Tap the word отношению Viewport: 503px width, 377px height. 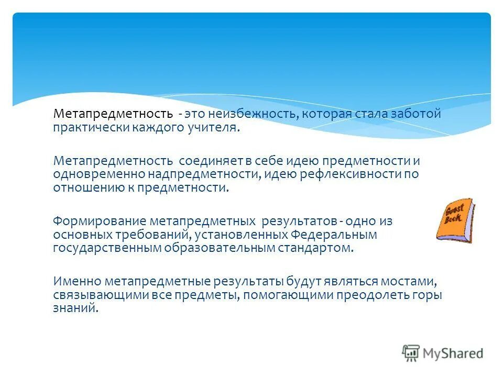click(x=85, y=187)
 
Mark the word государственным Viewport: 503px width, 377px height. click(x=106, y=248)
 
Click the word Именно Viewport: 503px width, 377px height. click(x=76, y=281)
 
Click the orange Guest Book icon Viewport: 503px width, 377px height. click(x=455, y=220)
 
